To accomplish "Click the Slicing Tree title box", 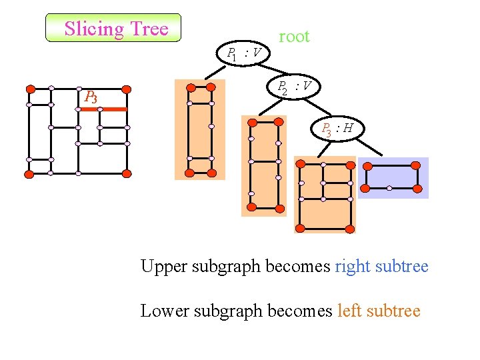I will point(113,28).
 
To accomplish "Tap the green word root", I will point(294,37).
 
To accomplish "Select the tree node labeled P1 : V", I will point(244,53).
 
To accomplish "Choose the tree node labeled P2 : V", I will point(294,87).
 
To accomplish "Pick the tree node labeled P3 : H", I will point(337,129).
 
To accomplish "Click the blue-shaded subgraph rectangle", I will point(393,177).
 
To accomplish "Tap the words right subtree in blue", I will point(381,267).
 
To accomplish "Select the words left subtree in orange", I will point(379,311).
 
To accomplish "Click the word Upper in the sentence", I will point(164,267).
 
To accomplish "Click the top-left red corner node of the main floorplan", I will point(30,88).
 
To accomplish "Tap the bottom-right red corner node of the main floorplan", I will point(127,173).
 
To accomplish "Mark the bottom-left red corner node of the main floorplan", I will point(29,173).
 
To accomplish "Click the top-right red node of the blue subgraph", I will point(416,165).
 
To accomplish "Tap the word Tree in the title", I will point(150,29).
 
